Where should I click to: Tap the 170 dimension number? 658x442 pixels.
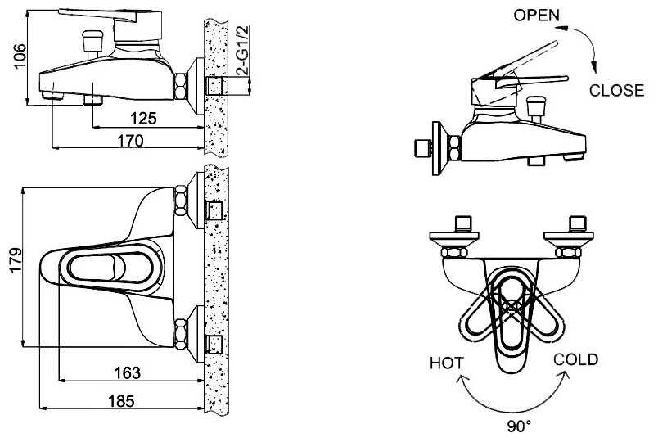pyautogui.click(x=129, y=141)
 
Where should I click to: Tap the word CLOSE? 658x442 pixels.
pyautogui.click(x=616, y=91)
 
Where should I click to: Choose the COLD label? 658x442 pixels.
pyautogui.click(x=575, y=359)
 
